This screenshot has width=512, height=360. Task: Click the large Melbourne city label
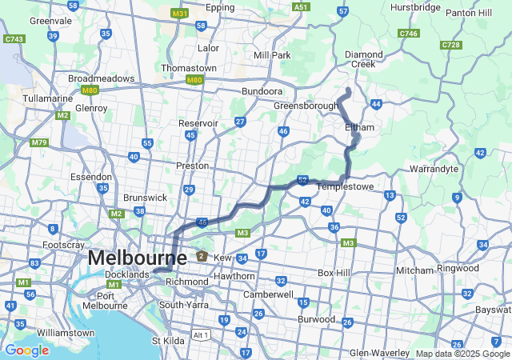[137, 258]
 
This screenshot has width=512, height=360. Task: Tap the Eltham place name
[359, 127]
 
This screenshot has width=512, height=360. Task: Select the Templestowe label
[346, 186]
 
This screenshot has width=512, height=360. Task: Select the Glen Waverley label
[379, 353]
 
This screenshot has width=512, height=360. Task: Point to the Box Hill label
[334, 273]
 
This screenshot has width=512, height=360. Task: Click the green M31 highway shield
[180, 14]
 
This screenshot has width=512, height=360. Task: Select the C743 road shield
[14, 38]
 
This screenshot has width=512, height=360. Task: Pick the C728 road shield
[450, 45]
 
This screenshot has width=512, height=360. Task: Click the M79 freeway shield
[38, 142]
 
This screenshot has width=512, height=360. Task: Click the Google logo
[26, 350]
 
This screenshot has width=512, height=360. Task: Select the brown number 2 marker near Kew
[202, 257]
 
